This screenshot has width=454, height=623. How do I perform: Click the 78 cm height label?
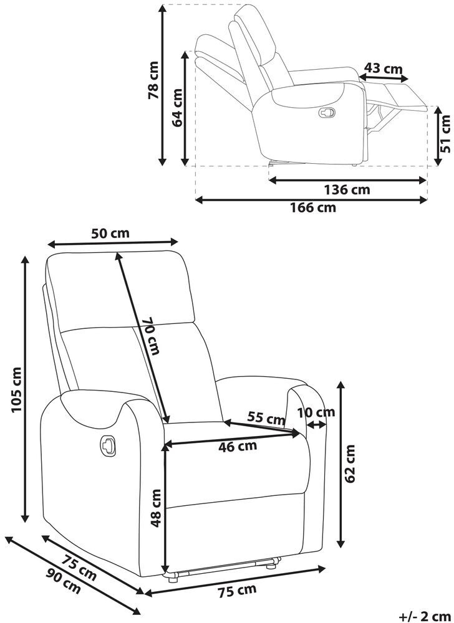pos(153,80)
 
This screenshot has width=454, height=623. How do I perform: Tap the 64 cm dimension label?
pos(177,107)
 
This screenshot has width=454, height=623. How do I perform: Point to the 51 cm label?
pos(446,135)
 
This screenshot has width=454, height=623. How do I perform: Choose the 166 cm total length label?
pos(312,207)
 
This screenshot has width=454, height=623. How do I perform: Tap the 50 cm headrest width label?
pos(110,233)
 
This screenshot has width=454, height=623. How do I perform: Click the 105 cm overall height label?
pos(16,389)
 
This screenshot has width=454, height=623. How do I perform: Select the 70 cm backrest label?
pos(151,336)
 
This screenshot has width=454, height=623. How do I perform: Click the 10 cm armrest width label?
pos(316,412)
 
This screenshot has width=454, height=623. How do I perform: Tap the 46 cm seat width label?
pos(238,447)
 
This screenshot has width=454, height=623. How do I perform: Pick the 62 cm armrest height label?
pos(350,464)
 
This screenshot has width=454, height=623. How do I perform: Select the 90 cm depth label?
pos(64,581)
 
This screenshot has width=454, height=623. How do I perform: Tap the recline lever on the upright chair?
pos(108,444)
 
